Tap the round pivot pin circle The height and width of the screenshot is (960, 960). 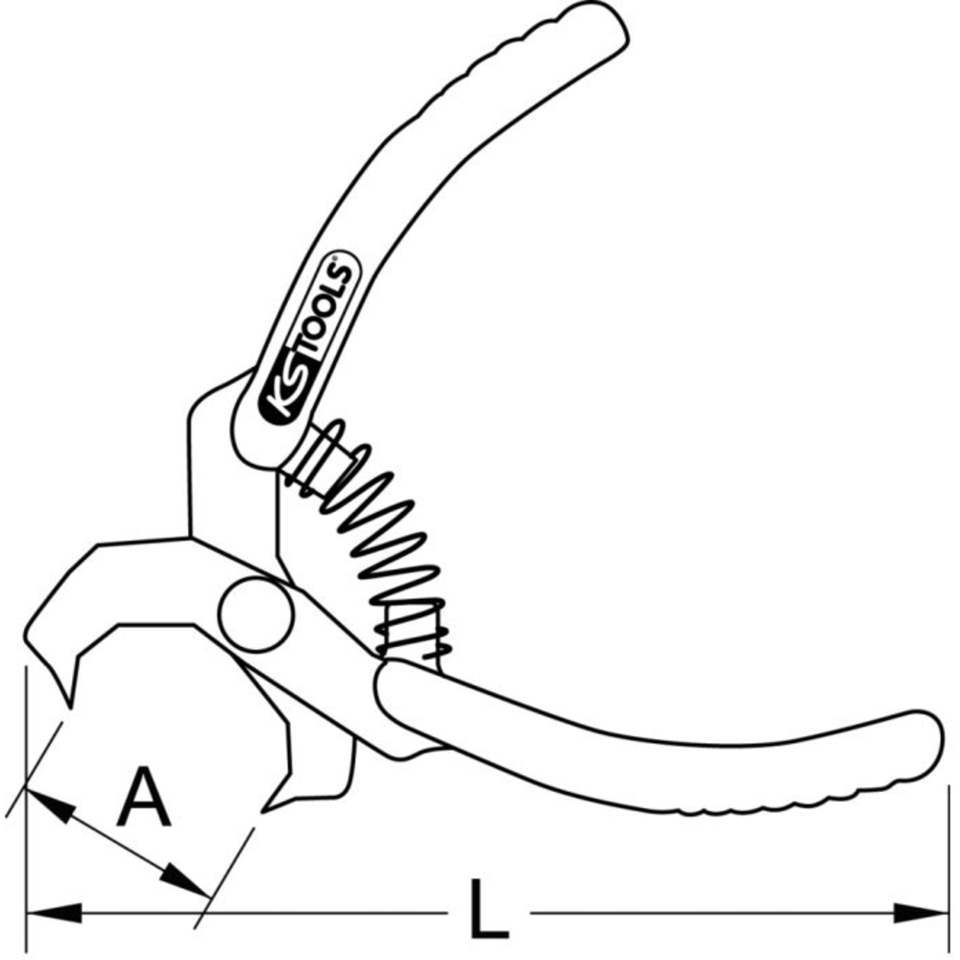coord(256,614)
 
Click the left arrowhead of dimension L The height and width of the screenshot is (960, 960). coord(54,913)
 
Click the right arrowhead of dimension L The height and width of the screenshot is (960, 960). coord(921,913)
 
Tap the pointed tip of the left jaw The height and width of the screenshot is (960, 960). coord(70,708)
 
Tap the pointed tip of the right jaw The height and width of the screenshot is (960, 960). coord(263,812)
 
